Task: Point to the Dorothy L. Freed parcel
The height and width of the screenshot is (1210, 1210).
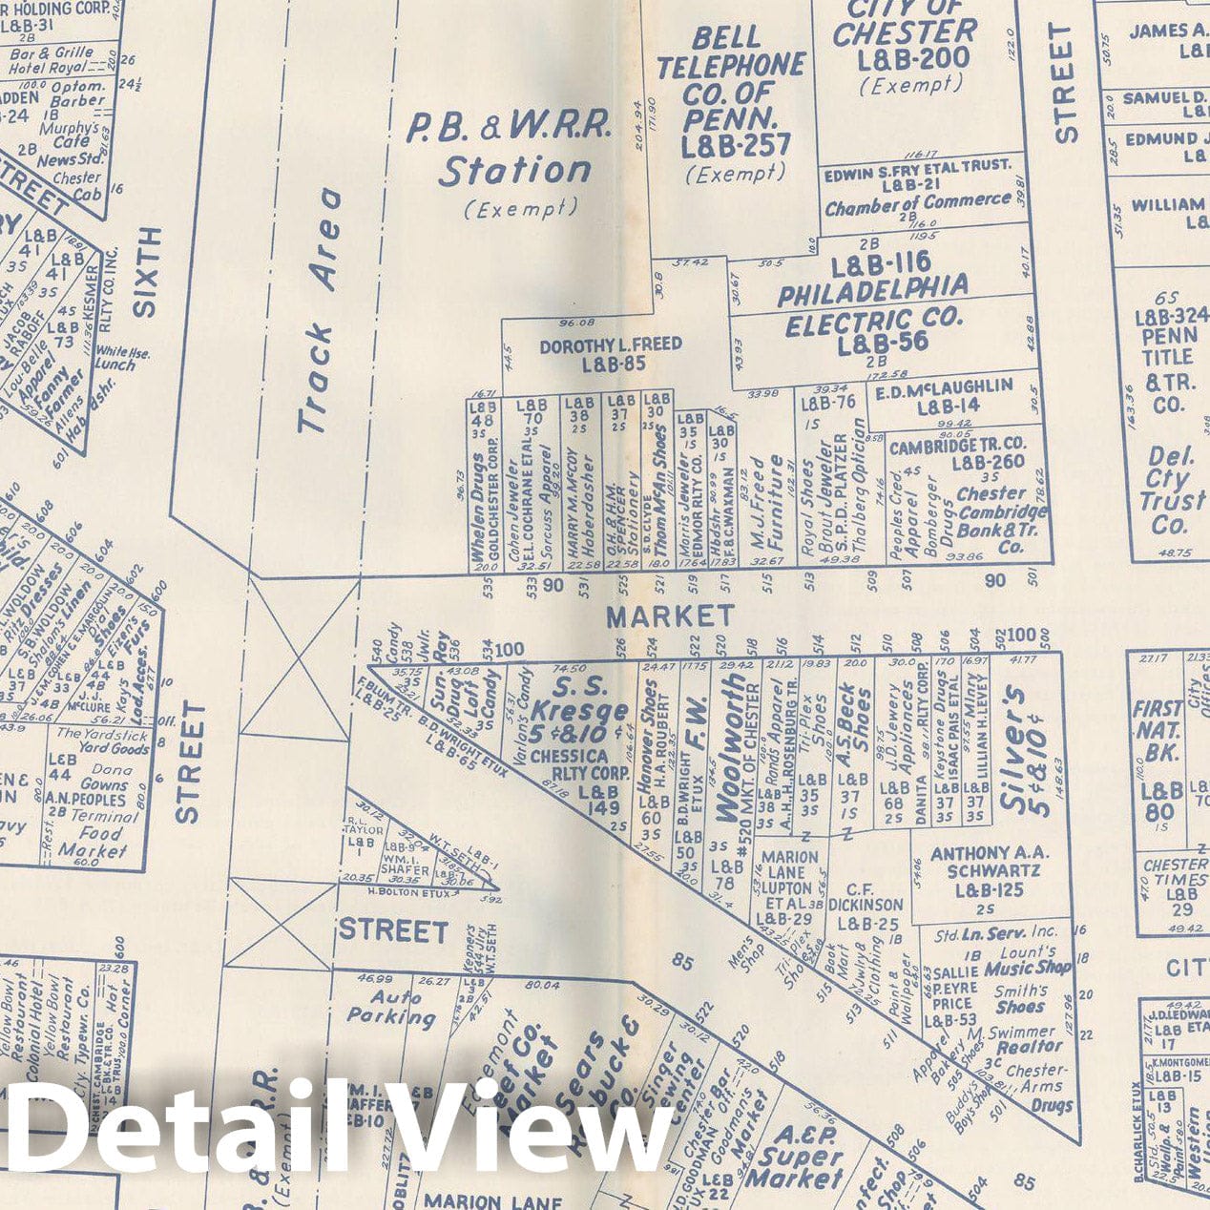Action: pos(610,352)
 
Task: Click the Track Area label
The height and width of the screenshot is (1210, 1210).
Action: pos(319,311)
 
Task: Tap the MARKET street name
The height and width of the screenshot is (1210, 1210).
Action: pos(671,615)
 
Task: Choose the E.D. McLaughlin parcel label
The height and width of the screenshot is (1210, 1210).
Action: pos(943,395)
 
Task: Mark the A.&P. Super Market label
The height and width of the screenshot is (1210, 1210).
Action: pos(794,1156)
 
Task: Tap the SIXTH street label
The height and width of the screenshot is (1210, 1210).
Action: pos(146,273)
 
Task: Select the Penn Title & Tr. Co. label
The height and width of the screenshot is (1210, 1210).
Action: pos(1168,357)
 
